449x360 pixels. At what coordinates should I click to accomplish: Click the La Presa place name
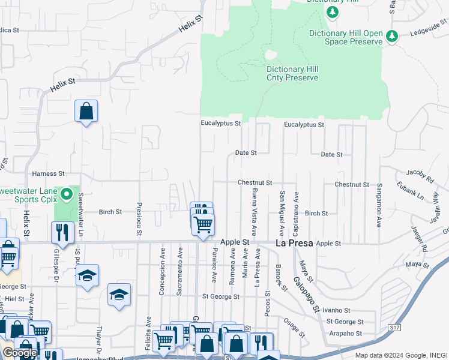pyautogui.click(x=294, y=244)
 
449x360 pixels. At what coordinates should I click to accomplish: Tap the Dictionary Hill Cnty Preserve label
pyautogui.click(x=292, y=73)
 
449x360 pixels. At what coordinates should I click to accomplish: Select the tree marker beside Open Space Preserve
pyautogui.click(x=392, y=37)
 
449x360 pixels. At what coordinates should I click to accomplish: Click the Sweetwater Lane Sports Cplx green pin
pyautogui.click(x=67, y=194)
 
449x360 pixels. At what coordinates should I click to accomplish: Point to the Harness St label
pyautogui.click(x=49, y=173)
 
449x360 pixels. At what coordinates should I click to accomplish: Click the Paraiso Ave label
pyautogui.click(x=214, y=266)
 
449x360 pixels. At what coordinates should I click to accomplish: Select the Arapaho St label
pyautogui.click(x=349, y=334)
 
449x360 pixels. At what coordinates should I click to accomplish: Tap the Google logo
pyautogui.click(x=20, y=353)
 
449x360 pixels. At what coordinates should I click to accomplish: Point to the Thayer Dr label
pyautogui.click(x=100, y=340)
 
